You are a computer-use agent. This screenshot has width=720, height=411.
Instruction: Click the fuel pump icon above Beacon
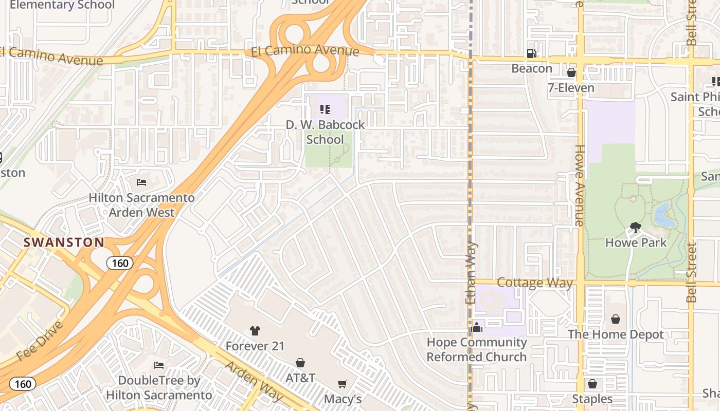[x=531, y=53]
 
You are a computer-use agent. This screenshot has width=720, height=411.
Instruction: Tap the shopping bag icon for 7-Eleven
[x=571, y=72]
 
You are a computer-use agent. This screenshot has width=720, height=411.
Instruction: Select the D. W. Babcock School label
[x=325, y=132]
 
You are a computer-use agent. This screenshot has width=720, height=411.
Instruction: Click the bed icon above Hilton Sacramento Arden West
[x=141, y=182]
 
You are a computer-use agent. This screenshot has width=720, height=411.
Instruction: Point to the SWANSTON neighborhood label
[x=64, y=242]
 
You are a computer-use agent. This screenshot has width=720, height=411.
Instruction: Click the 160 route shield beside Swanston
[x=120, y=264]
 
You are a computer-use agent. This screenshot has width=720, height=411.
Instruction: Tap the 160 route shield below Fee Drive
[x=23, y=384]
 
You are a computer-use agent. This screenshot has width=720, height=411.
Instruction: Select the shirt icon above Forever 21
[x=255, y=330]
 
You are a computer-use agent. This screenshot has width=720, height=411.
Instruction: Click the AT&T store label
[x=300, y=378]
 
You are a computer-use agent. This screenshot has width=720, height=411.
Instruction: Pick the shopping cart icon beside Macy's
[x=343, y=384]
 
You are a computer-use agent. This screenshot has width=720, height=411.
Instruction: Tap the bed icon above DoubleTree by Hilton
[x=159, y=365]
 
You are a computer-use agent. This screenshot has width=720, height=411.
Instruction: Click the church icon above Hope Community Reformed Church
[x=477, y=327]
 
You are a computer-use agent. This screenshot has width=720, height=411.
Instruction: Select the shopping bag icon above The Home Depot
[x=616, y=319]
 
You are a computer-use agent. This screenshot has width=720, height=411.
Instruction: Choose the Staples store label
[x=592, y=399]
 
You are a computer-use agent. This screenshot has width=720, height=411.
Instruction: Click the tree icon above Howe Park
[x=636, y=227]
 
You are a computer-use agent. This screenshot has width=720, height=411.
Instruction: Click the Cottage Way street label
[x=535, y=283]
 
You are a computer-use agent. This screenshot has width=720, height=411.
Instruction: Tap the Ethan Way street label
[x=471, y=272]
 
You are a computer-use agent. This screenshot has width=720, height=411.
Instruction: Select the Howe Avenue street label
[x=580, y=185]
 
